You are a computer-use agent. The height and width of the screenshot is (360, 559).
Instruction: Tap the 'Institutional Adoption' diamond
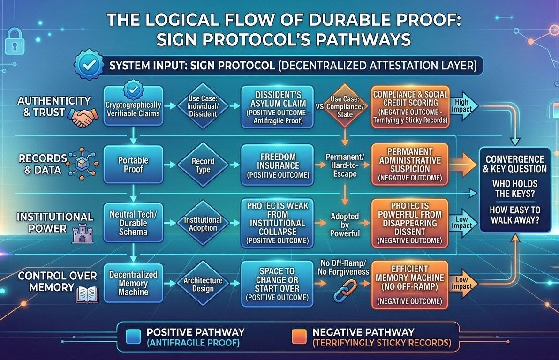(x=203, y=224)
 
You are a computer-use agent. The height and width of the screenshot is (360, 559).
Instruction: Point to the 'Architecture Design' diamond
(x=203, y=283)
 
